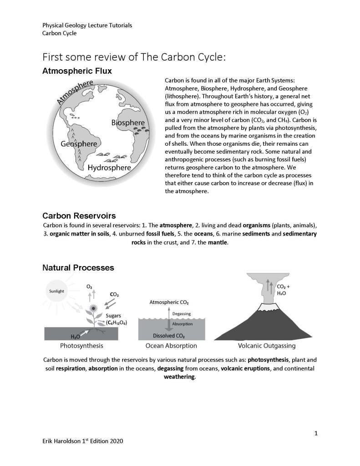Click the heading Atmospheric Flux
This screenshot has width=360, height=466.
(x=77, y=72)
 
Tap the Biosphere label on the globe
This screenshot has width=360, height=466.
(x=128, y=123)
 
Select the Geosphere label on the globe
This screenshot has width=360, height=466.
(x=79, y=144)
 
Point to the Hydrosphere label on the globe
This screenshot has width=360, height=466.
(x=109, y=168)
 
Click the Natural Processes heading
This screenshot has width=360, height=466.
(x=78, y=267)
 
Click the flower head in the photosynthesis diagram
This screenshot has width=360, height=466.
(x=94, y=308)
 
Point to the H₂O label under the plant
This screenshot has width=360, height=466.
(x=76, y=336)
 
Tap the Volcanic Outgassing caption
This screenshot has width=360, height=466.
(x=264, y=346)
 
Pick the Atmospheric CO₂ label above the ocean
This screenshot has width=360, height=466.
(x=169, y=302)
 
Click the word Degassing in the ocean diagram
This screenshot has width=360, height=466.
(x=181, y=313)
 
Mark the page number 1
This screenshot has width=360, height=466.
(x=316, y=433)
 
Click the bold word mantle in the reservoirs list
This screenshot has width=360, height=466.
(x=217, y=243)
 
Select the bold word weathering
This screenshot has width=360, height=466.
(x=179, y=377)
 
